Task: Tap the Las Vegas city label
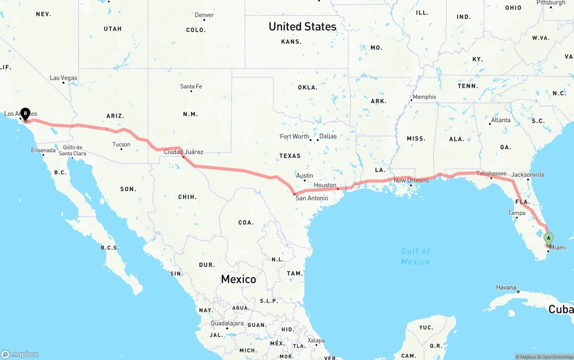pos(64,78)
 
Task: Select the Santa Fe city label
pos(191,87)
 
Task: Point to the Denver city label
pos(204,15)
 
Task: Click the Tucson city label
pos(121,144)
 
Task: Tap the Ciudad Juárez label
pos(183,152)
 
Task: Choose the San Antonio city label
pos(312,198)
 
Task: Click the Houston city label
pos(325,185)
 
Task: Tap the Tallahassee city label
pos(491,173)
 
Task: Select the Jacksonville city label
pos(528,174)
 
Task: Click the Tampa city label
pos(517,213)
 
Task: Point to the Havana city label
pos(506,287)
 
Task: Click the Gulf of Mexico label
pos(416,256)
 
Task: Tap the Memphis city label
pos(424,97)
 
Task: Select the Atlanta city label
pos(500,120)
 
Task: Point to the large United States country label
pos(302,26)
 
